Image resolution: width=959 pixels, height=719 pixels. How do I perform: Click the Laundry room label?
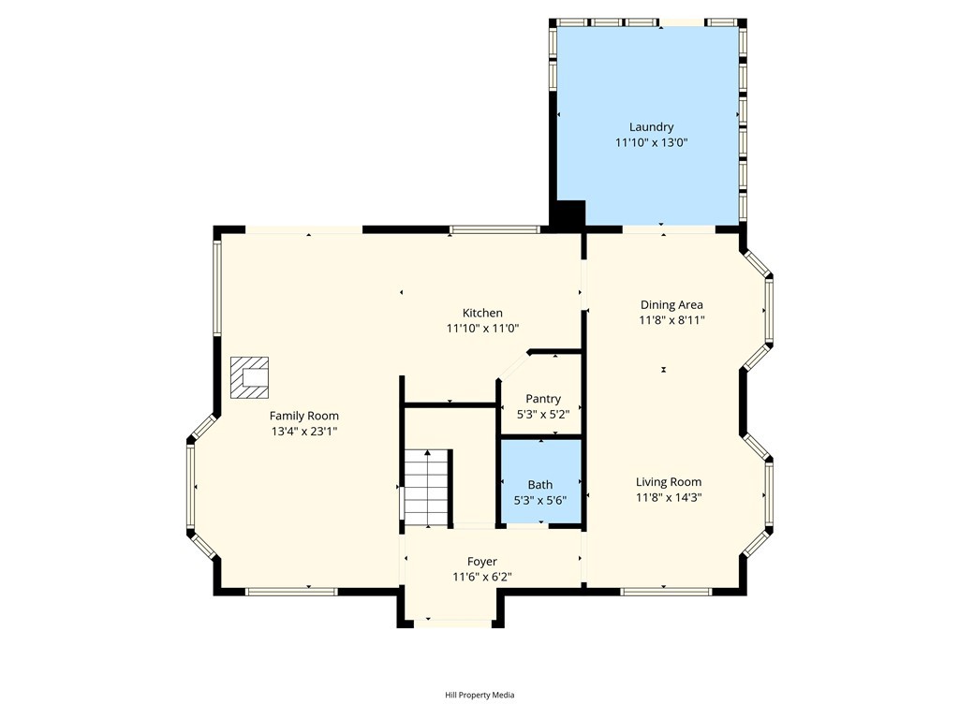652,127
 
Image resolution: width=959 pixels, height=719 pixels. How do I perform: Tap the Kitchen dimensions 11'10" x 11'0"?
482,329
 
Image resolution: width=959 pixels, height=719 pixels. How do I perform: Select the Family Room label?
304,416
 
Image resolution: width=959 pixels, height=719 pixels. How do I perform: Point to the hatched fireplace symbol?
249,378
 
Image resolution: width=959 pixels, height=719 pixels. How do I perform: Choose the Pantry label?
543,399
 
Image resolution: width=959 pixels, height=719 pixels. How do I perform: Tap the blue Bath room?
540,481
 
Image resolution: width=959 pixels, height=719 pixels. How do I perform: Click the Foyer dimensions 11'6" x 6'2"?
482,577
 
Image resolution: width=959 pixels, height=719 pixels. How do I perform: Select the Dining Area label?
671,304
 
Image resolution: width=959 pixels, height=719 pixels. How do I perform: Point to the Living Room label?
669,482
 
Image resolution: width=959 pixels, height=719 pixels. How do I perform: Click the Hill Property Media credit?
479,695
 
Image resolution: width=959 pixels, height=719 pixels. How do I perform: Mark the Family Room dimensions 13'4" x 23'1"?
304,432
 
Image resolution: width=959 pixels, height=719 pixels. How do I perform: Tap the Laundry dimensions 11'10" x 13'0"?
652,143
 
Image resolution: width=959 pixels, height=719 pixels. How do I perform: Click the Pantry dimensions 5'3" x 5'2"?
543,415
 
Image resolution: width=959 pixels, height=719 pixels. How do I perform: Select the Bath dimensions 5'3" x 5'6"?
540,501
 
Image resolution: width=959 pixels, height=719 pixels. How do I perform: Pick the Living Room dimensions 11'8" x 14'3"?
669,498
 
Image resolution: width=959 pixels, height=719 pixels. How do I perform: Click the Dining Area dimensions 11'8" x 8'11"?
671,320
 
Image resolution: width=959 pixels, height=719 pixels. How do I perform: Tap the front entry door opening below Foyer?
452,623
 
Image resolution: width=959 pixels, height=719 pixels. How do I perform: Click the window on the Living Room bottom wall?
666,592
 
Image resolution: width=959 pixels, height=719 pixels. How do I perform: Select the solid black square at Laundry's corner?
568,215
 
